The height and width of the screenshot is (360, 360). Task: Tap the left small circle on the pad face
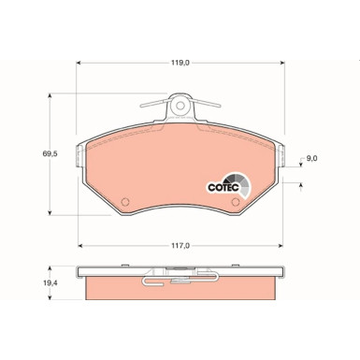point(125,197)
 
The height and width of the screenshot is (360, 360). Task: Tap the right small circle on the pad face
point(236,197)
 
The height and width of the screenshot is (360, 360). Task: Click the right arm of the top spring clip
point(209,106)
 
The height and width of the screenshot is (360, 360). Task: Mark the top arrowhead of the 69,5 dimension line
point(50,96)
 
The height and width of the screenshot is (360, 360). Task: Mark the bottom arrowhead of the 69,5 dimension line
point(50,214)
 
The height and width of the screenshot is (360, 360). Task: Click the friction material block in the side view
point(180,292)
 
